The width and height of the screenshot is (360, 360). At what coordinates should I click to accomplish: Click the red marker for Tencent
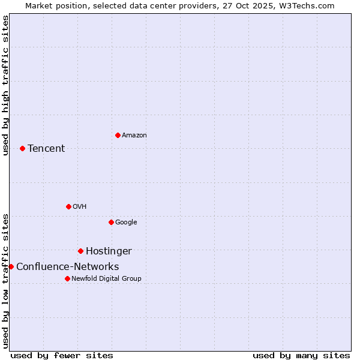[x=22, y=148]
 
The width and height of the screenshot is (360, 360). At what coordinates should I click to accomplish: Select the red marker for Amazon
[x=118, y=135]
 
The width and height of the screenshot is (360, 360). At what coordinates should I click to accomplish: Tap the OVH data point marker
[x=68, y=206]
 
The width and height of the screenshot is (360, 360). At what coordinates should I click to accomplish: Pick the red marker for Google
[x=111, y=222]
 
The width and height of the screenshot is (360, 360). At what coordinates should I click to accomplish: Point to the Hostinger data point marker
[x=80, y=251]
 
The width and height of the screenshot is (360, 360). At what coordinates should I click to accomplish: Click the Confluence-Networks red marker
[x=11, y=266]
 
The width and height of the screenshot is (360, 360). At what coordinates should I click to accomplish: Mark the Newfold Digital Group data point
[x=67, y=278]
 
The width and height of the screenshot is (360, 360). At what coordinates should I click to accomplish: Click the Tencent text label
[x=46, y=148]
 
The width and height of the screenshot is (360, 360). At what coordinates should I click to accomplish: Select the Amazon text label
[x=134, y=135]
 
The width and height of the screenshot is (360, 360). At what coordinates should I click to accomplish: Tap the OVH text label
[x=80, y=206]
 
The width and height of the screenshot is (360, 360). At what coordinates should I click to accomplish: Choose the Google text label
[x=126, y=222]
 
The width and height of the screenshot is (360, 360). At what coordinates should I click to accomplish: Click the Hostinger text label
[x=109, y=251]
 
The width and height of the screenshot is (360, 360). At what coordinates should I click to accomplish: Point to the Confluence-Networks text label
[x=67, y=266]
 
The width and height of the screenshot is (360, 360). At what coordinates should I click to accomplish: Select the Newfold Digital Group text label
[x=106, y=278]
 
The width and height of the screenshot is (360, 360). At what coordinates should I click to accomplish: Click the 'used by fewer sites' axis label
[x=62, y=355]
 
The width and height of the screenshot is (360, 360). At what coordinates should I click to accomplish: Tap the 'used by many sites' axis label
[x=301, y=355]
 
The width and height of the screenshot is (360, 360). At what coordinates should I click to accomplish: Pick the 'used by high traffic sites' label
[x=5, y=85]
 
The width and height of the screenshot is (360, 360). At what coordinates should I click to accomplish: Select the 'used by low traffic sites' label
[x=5, y=280]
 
